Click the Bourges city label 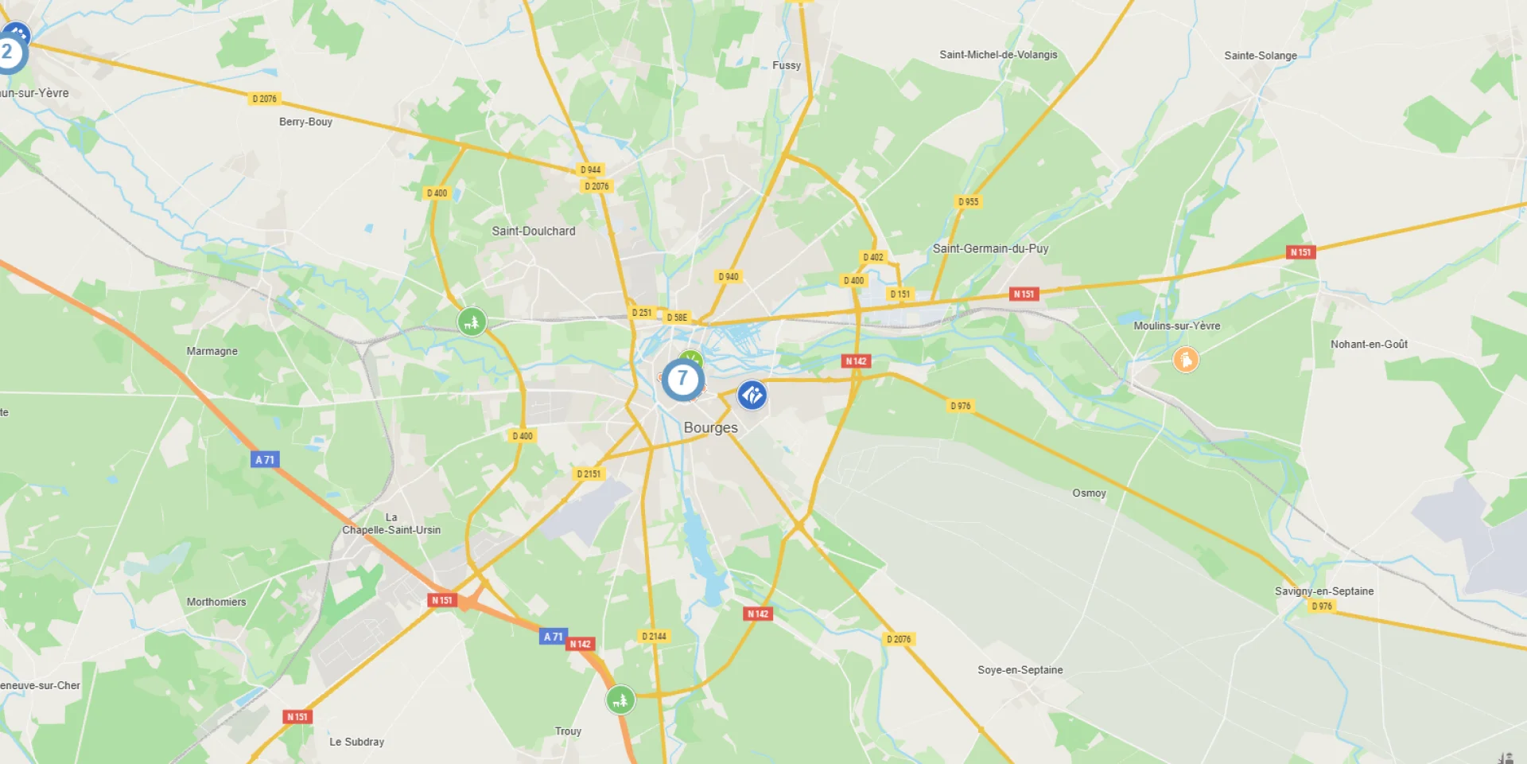tap(710, 427)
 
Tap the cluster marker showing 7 tap(682, 380)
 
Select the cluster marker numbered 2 tap(8, 53)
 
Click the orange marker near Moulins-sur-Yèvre tap(1186, 360)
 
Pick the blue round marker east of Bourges tap(752, 395)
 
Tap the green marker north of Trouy tap(620, 700)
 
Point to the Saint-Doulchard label tap(533, 231)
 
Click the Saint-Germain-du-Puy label tap(990, 248)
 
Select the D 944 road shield tap(590, 170)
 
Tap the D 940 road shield tap(728, 277)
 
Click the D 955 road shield tap(968, 202)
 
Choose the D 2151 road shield tap(589, 474)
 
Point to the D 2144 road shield tap(654, 636)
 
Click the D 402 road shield tap(872, 257)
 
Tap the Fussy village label tap(786, 65)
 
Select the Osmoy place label tap(1089, 493)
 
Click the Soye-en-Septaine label tap(1020, 670)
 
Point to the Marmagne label tap(212, 351)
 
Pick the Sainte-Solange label tap(1260, 56)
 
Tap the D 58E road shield tap(677, 318)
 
